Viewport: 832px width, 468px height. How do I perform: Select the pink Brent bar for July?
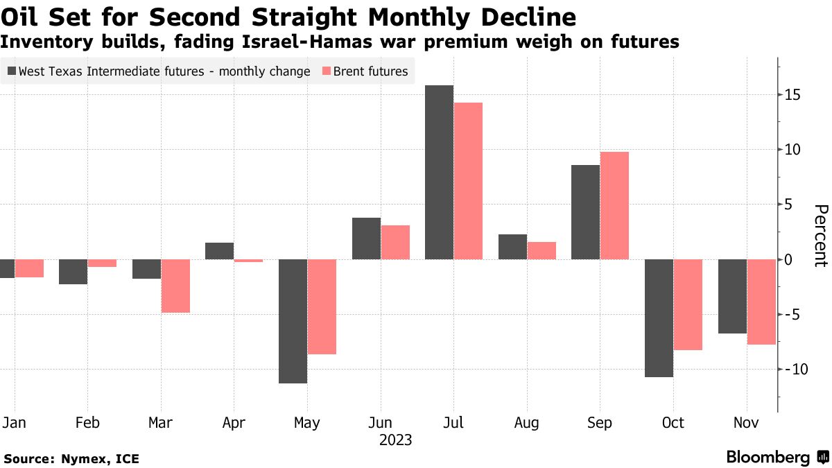[468, 181]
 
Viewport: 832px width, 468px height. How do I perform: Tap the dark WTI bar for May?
[293, 321]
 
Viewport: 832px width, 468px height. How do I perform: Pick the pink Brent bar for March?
[175, 286]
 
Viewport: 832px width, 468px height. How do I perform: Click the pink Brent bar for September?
[614, 205]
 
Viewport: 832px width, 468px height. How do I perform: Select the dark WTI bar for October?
[659, 318]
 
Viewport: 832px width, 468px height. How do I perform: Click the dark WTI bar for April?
[219, 251]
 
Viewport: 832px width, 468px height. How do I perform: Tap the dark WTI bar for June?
[366, 239]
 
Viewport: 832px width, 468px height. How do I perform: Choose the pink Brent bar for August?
[541, 250]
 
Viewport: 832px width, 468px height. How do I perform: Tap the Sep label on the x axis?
[600, 423]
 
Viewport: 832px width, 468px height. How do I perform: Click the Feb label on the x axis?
[87, 423]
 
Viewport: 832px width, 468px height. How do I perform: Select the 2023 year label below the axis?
[395, 440]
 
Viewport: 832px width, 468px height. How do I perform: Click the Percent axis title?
[820, 236]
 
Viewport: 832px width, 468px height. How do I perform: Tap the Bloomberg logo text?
[768, 458]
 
